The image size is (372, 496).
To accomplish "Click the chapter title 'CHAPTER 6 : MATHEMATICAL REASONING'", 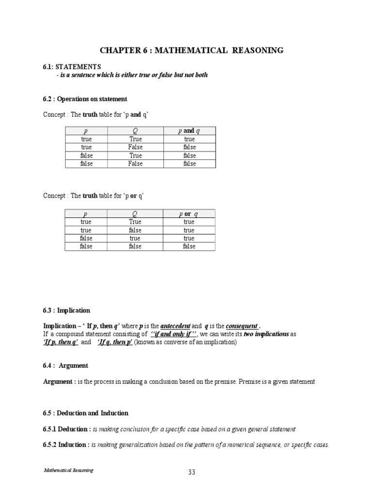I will pyautogui.click(x=191, y=50).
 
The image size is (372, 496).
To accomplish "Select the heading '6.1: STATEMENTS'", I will pyautogui.click(x=72, y=66).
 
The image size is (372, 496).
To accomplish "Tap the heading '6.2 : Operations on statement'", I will pyautogui.click(x=85, y=99).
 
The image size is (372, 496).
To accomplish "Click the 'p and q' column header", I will pyautogui.click(x=189, y=131).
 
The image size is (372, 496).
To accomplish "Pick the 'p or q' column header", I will pyautogui.click(x=189, y=214).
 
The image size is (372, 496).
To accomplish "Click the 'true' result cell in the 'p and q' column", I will pyautogui.click(x=189, y=139).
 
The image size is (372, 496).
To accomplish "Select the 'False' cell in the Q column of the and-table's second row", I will pyautogui.click(x=136, y=147).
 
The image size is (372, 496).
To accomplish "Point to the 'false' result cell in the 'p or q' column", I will pyautogui.click(x=189, y=247).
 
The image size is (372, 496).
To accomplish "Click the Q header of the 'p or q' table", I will pyautogui.click(x=135, y=214).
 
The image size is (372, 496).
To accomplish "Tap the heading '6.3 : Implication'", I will pyautogui.click(x=66, y=310).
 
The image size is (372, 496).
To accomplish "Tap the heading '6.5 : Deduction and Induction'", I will pyautogui.click(x=86, y=413).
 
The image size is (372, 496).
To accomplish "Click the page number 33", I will pyautogui.click(x=191, y=473).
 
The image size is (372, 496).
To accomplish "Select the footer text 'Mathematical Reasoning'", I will pyautogui.click(x=68, y=470).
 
